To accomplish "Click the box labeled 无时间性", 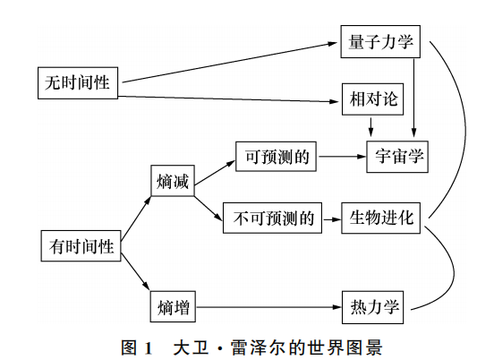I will (78, 82).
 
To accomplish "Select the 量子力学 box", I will (379, 41).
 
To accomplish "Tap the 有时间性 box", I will (82, 246).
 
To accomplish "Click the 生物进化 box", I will (379, 219).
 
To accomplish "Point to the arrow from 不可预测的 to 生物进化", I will (332, 219).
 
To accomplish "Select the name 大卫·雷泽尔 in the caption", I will (223, 345).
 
